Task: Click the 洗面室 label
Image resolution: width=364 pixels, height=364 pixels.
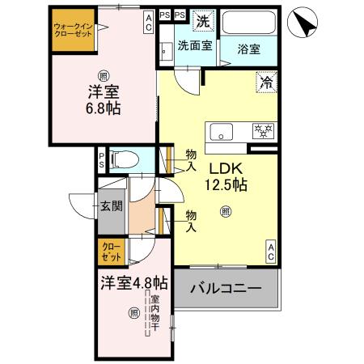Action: pos(194,46)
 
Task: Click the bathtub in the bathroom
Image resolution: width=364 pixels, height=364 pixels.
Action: pos(248,23)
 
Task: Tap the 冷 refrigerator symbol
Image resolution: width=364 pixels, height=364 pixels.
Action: pos(265,81)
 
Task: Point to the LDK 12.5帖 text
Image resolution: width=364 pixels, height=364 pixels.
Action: pos(227,176)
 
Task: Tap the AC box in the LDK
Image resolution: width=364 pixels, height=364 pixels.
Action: pos(271,251)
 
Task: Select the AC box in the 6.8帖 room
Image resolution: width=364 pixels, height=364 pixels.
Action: pos(149,22)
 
